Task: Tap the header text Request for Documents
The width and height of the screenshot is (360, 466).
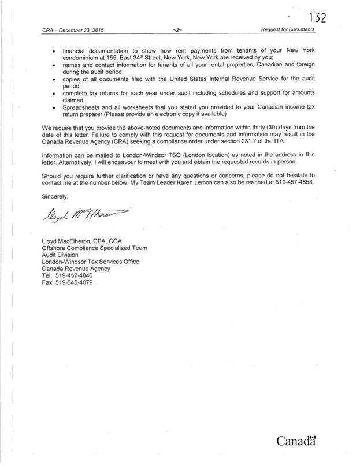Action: [x=287, y=29]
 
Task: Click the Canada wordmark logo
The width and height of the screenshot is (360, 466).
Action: [x=298, y=442]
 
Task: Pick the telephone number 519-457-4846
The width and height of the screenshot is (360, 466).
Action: [x=70, y=277]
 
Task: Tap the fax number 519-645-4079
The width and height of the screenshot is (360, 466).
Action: [x=72, y=283]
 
